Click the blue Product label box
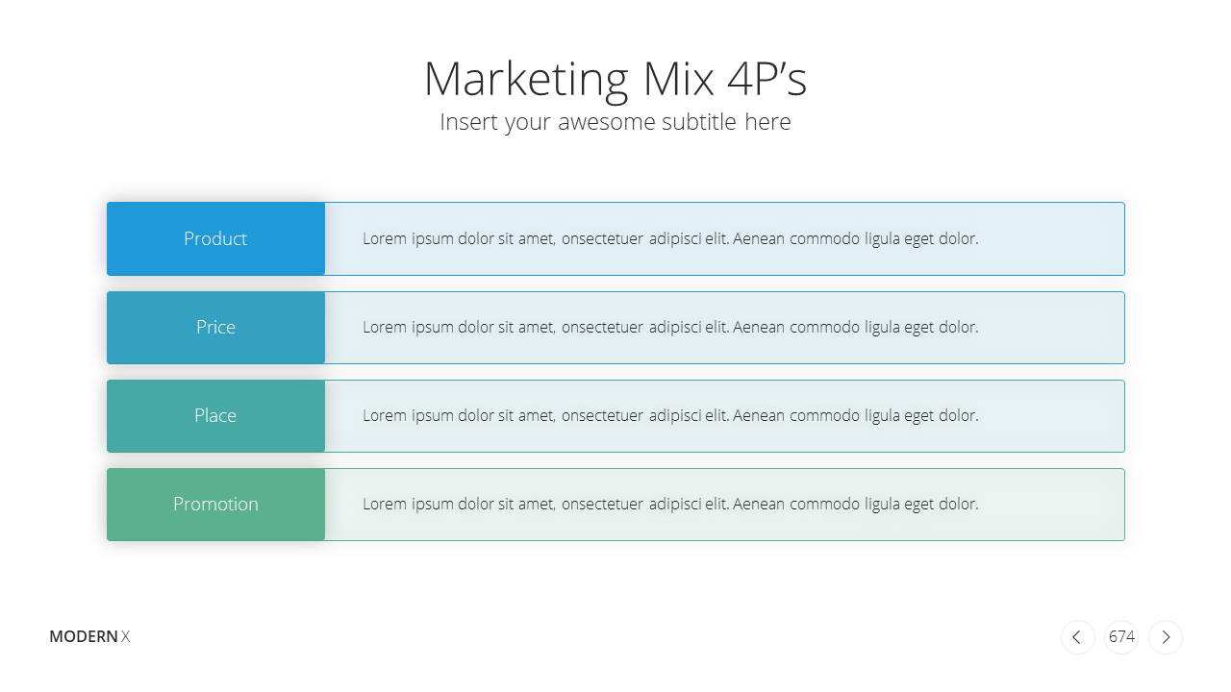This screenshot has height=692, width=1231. click(x=216, y=239)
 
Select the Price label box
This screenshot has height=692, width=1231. click(x=216, y=328)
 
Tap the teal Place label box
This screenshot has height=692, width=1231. click(x=216, y=416)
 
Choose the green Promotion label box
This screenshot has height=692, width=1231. click(x=216, y=505)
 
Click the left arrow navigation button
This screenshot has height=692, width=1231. click(x=1077, y=637)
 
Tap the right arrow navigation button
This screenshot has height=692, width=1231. click(x=1165, y=637)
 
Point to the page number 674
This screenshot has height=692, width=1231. click(x=1121, y=636)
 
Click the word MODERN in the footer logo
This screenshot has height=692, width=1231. click(x=84, y=636)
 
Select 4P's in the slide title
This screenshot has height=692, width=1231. click(x=766, y=79)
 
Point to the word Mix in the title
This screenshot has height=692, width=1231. click(x=678, y=79)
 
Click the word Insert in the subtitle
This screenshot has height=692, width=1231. click(x=467, y=122)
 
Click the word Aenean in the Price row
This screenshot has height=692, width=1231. click(x=759, y=328)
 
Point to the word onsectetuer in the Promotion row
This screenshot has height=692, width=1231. click(x=602, y=505)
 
